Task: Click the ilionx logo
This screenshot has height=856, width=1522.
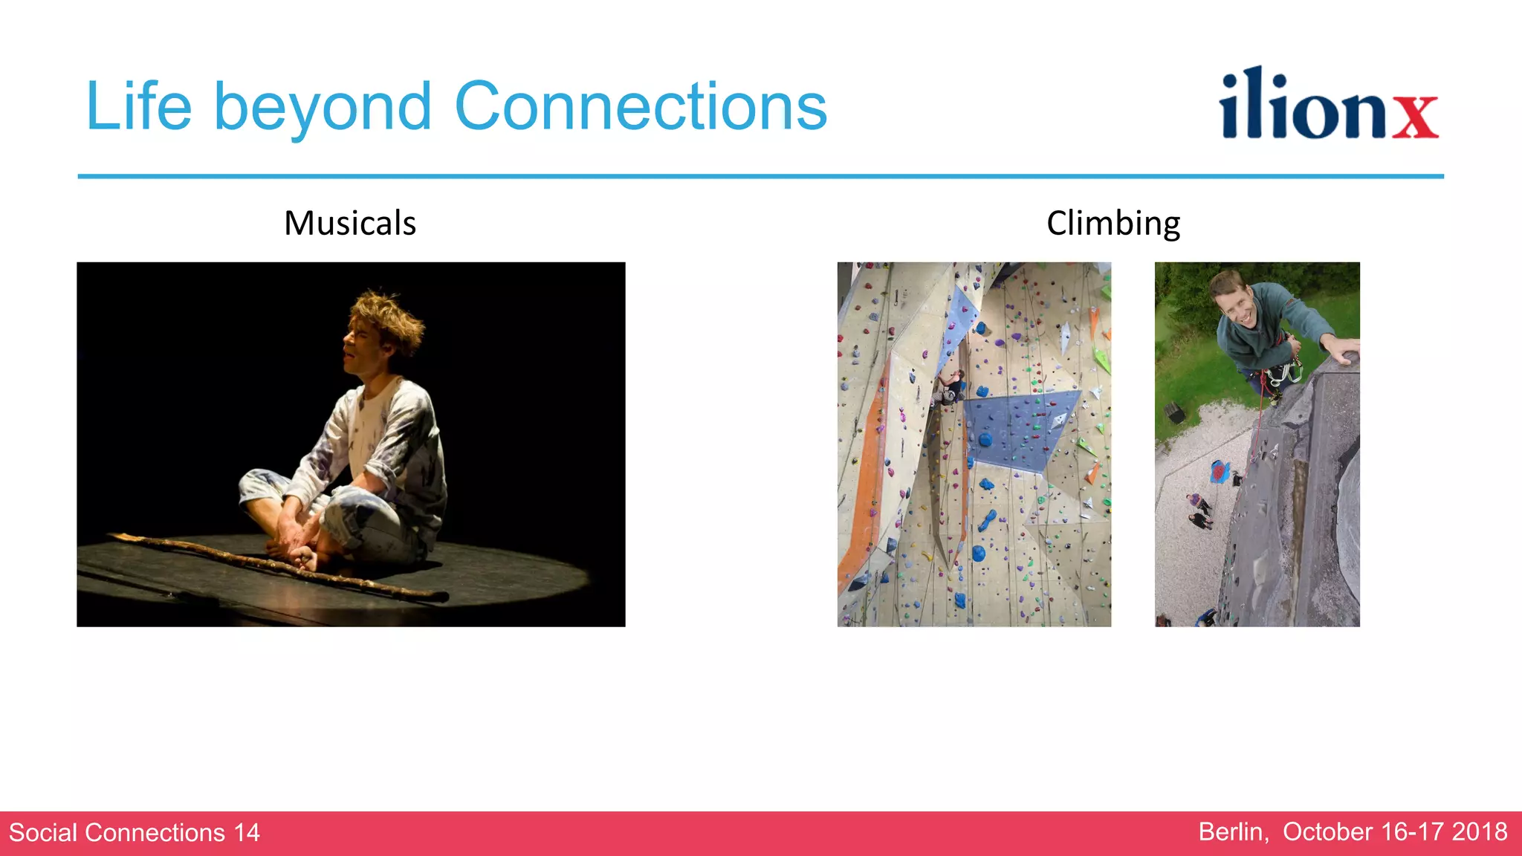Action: tap(1328, 105)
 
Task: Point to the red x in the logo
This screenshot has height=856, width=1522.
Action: tap(1415, 116)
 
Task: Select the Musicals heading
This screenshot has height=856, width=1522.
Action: tap(350, 223)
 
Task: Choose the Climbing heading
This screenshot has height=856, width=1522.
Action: tap(1113, 224)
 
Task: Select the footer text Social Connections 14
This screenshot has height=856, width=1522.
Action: tap(135, 833)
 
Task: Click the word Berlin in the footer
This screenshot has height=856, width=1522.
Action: tap(1233, 832)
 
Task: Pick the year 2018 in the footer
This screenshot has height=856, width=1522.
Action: tap(1479, 832)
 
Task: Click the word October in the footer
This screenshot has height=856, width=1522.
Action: tap(1327, 832)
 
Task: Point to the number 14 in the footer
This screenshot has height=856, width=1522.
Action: tap(247, 833)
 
